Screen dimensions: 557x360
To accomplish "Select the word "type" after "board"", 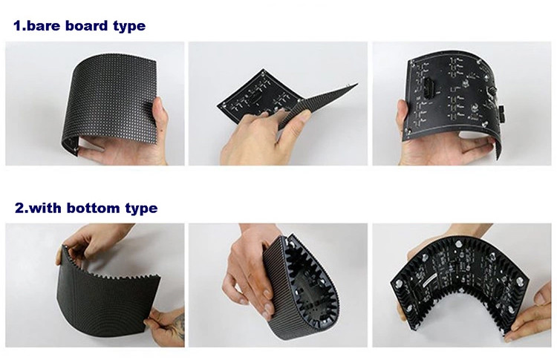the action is (x=129, y=27).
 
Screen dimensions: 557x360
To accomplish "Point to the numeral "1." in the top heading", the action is (x=19, y=26).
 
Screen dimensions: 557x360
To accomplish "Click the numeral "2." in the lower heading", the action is (x=22, y=208).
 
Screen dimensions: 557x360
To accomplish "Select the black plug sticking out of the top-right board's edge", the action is (x=502, y=114).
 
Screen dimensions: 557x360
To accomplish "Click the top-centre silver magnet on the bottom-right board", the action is (x=459, y=243).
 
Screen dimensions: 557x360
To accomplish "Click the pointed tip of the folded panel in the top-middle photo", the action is (x=356, y=85).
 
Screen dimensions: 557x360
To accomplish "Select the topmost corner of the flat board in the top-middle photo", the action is (x=263, y=70).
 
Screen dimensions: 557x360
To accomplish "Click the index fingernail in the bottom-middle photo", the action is (x=267, y=295).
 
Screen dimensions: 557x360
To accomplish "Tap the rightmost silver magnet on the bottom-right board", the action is (x=519, y=281).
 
